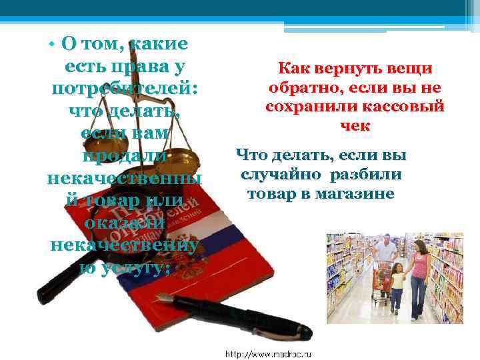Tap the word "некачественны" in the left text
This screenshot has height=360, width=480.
click(x=124, y=178)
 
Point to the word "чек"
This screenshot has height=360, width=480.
click(x=355, y=125)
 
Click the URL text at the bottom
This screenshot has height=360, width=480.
click(x=273, y=353)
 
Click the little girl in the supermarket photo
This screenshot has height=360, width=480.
click(x=398, y=287)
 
